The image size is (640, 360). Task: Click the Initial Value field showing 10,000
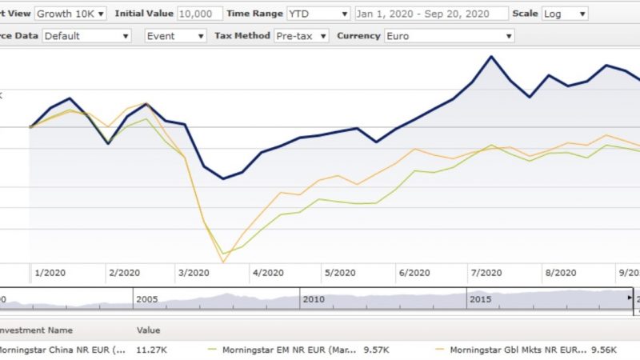pos(200,14)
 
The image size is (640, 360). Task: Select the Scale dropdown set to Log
pos(564,14)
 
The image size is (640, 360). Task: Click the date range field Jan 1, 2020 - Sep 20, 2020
pos(430,14)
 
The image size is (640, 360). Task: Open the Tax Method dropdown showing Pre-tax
pos(301,36)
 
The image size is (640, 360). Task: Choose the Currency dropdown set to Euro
pos(448,36)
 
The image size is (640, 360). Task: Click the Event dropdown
pos(175,36)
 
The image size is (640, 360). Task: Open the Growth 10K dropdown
pos(70,14)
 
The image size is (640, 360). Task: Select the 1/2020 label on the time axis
pos(50,273)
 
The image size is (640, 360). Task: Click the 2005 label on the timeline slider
pos(146,298)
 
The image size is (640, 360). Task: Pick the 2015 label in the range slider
pos(481,298)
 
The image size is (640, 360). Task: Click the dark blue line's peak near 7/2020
pos(490,56)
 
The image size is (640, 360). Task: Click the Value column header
pos(149,330)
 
